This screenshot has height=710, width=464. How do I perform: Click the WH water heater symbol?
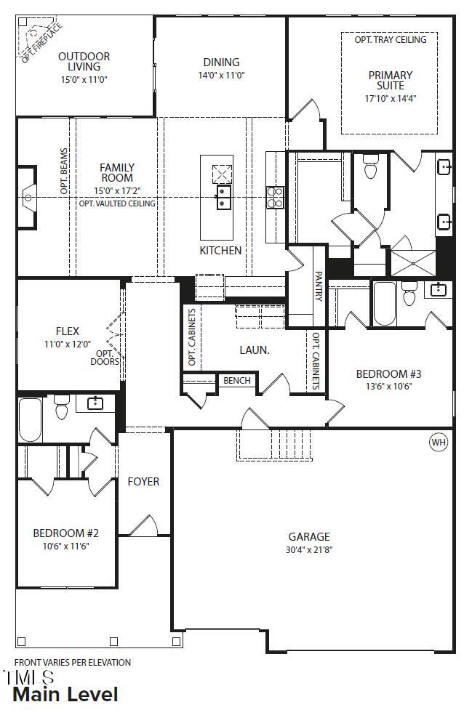[439, 442]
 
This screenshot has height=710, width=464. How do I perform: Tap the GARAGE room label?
[308, 537]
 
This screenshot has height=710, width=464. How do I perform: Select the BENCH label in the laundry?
[237, 380]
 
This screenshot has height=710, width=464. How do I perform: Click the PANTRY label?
[319, 286]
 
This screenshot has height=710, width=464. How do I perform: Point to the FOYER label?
[143, 481]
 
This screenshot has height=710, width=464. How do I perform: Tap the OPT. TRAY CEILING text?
[390, 40]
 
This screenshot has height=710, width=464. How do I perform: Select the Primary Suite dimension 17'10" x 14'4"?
[390, 99]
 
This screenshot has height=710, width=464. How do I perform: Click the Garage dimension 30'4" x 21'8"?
[308, 550]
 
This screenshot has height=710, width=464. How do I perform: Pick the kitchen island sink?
[223, 197]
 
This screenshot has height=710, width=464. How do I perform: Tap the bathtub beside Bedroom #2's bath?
[31, 420]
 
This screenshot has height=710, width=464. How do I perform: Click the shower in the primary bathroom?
[413, 262]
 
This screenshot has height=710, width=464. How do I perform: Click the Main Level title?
[65, 695]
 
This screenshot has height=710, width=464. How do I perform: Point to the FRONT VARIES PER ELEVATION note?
[73, 662]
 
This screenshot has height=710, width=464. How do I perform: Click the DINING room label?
[221, 62]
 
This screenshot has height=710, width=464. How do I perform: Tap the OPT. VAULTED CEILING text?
[117, 203]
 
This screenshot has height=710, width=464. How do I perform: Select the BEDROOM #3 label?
[388, 374]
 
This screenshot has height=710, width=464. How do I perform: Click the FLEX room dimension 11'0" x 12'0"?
[68, 344]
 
